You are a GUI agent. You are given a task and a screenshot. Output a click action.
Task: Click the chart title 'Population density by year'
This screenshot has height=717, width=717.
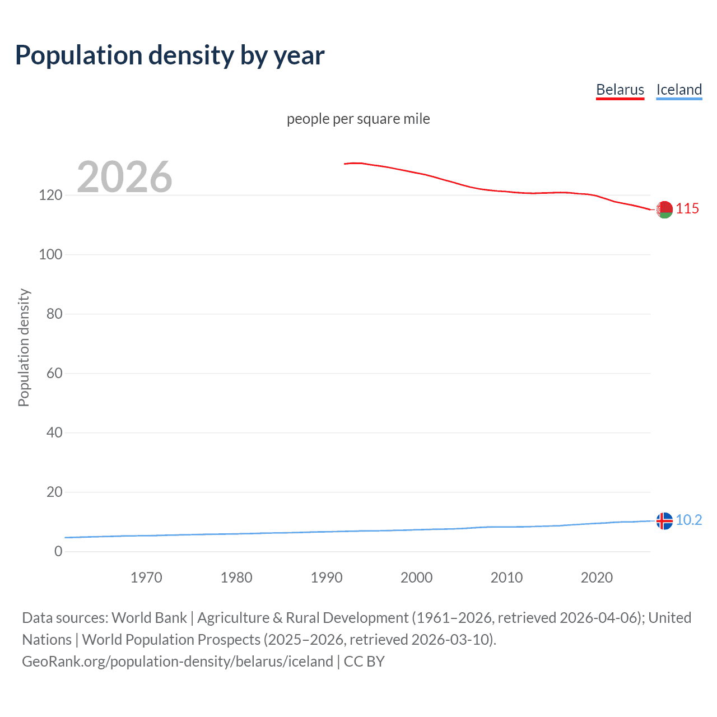pyautogui.click(x=170, y=55)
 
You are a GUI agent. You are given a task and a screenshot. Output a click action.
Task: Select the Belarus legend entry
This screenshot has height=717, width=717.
pyautogui.click(x=620, y=90)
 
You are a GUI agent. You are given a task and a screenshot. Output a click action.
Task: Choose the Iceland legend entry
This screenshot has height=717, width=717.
pyautogui.click(x=679, y=90)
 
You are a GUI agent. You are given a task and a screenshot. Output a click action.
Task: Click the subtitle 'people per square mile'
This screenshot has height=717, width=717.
pyautogui.click(x=358, y=119)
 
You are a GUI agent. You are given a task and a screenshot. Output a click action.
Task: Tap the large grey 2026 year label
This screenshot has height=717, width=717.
pyautogui.click(x=124, y=177)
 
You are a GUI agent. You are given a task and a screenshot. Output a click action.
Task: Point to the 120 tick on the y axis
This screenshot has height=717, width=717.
pyautogui.click(x=50, y=195)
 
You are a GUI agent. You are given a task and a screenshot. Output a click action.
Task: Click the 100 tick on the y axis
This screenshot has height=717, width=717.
pyautogui.click(x=50, y=255)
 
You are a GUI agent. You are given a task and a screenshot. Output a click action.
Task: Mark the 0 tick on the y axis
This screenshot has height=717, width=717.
pyautogui.click(x=58, y=552)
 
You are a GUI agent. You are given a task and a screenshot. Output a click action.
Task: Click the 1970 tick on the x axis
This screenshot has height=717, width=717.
pyautogui.click(x=146, y=578)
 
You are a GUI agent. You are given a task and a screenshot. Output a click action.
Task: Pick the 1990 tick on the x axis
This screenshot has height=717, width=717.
pyautogui.click(x=327, y=578)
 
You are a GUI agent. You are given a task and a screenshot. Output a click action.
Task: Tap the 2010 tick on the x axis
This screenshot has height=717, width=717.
pyautogui.click(x=506, y=578)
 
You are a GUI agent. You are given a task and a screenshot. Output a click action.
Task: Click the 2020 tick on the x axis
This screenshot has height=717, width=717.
pyautogui.click(x=597, y=578)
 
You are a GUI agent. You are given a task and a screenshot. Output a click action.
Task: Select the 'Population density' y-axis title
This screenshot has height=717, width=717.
pyautogui.click(x=24, y=347)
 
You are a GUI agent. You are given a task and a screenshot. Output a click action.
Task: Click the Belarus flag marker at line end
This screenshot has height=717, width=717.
pyautogui.click(x=664, y=209)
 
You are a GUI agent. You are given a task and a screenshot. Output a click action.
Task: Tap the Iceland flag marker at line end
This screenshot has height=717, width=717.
pyautogui.click(x=664, y=521)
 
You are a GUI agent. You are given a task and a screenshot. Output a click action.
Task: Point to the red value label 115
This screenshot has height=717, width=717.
pyautogui.click(x=687, y=209)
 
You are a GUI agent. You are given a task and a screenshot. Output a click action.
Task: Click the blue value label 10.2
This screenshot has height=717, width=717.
pyautogui.click(x=688, y=520)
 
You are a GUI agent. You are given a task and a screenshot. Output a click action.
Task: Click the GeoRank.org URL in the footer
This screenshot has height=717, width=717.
pyautogui.click(x=178, y=662)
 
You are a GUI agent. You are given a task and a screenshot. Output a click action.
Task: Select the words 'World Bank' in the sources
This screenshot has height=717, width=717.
pyautogui.click(x=149, y=618)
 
